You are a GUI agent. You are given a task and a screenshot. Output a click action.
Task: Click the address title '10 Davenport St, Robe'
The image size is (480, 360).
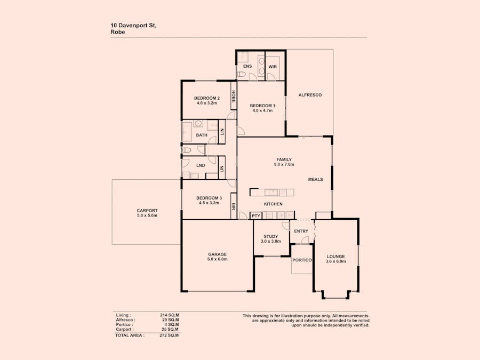click(133, 28)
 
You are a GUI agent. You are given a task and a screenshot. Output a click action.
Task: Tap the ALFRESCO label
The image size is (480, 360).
click(310, 95)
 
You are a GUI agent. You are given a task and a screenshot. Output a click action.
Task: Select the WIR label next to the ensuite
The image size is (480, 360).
click(273, 67)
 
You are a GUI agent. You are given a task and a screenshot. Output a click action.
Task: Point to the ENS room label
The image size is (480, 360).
click(247, 66)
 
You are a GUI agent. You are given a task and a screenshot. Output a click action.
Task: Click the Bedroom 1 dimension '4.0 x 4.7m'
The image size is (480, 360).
click(262, 111)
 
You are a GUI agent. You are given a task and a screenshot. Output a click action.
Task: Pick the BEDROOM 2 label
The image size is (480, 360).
click(206, 98)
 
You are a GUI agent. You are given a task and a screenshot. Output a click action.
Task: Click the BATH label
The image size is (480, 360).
click(202, 135)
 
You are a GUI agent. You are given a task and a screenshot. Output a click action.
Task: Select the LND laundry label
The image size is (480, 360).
click(201, 166)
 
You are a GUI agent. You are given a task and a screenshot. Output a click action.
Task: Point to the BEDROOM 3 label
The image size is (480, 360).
click(209, 198)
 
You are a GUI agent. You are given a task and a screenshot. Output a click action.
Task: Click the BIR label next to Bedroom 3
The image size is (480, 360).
click(234, 206)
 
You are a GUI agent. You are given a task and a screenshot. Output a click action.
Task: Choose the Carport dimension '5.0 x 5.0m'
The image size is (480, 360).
click(147, 215)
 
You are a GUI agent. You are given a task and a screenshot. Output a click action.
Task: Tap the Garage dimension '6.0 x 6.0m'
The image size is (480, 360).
click(218, 259)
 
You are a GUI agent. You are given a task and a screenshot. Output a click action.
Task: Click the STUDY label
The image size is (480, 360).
click(271, 236)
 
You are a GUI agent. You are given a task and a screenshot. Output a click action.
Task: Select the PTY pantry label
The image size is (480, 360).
click(256, 216)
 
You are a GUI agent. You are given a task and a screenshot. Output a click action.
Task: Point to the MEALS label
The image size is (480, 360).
click(315, 180)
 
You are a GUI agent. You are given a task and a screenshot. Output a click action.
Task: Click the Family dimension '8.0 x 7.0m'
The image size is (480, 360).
click(284, 165)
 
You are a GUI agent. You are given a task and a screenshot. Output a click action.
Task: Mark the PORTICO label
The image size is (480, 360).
click(302, 260)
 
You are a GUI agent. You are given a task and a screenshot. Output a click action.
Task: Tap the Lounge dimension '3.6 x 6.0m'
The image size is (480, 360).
click(336, 261)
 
